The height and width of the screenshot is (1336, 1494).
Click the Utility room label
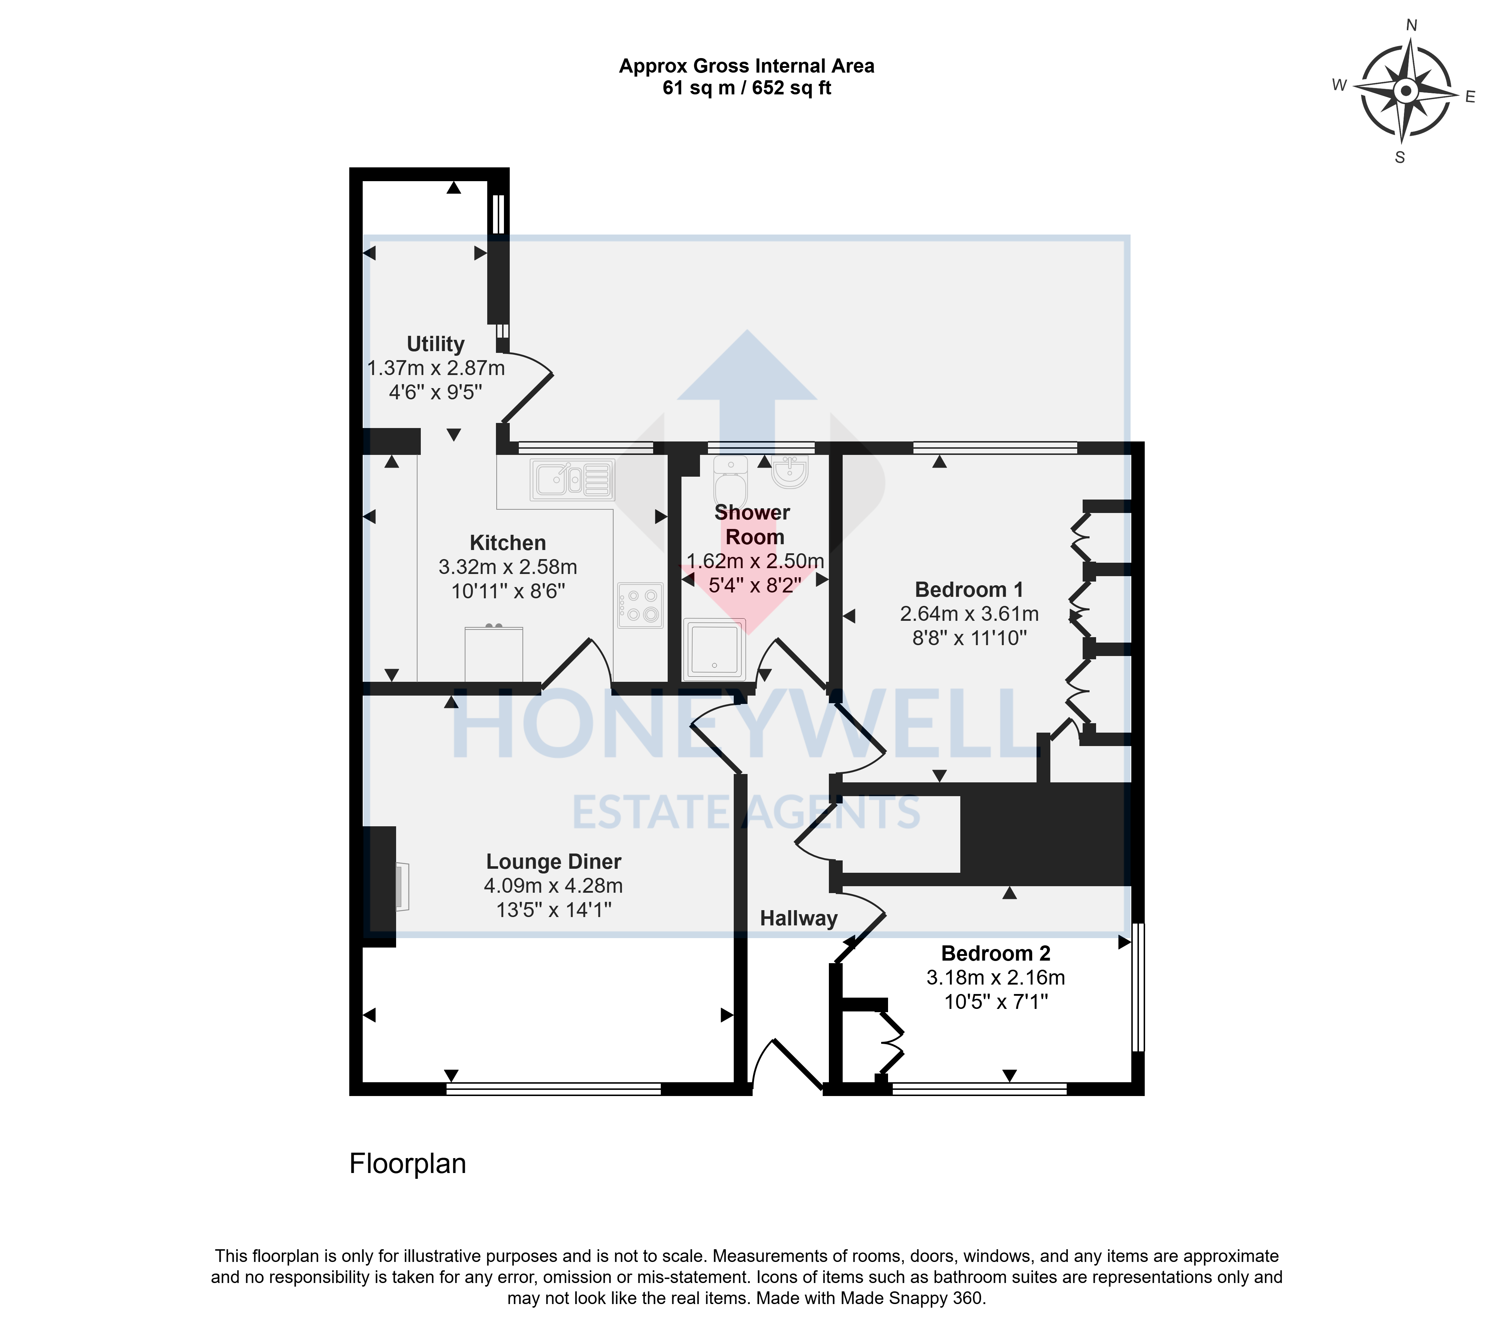(x=435, y=344)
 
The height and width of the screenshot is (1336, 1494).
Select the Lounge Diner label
(x=554, y=862)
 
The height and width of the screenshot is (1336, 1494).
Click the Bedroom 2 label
(x=996, y=954)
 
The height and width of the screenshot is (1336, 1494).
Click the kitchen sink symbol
(x=572, y=480)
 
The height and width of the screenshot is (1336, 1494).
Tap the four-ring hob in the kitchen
(x=640, y=606)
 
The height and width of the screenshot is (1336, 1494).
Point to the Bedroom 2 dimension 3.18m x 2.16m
(x=996, y=978)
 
